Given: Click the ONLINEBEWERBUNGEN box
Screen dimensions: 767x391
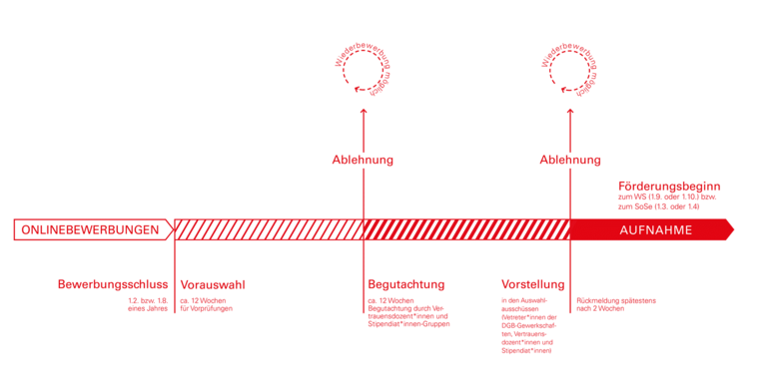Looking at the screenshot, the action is tap(90, 229).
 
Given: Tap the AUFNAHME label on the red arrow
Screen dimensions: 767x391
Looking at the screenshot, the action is tap(655, 229).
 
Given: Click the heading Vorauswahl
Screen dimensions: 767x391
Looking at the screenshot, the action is tap(212, 285).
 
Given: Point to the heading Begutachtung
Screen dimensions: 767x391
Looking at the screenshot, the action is tap(405, 285).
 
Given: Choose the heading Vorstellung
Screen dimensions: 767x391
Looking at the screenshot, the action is tap(532, 285).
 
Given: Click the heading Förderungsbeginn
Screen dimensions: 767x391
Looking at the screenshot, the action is tap(668, 187).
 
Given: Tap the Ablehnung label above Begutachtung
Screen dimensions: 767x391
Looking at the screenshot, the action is tap(363, 160).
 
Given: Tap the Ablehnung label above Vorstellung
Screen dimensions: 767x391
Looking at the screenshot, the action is tap(570, 160).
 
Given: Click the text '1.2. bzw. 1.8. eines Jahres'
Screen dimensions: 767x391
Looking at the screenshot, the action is tap(147, 305).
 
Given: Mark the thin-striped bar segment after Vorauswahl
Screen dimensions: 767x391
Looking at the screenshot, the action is tap(268, 229).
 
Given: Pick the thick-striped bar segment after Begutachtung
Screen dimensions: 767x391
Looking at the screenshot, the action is tap(465, 229).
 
